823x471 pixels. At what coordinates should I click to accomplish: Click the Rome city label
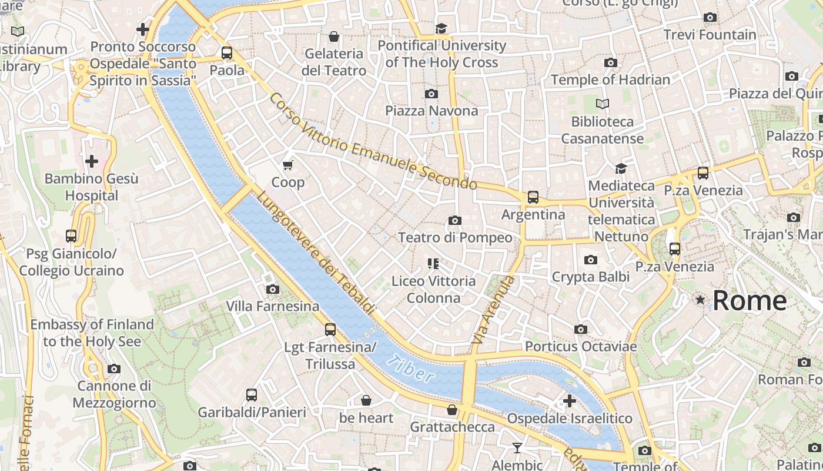coord(750,300)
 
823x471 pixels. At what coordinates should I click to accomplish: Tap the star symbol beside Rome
coord(700,300)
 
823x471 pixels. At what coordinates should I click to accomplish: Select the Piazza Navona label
coord(431,111)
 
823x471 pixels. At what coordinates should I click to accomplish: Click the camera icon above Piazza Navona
coord(431,94)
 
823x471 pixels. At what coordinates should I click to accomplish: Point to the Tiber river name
coord(411,370)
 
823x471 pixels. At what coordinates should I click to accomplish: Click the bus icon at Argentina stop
coord(533,197)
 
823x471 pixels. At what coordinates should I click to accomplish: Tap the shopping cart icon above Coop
coord(288,165)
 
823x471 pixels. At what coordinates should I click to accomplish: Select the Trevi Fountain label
coord(710,35)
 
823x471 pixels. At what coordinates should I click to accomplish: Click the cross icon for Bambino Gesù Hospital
coord(92,161)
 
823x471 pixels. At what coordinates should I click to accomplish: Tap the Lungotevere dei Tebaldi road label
coord(316,253)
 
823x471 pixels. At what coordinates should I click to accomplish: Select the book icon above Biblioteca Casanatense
coord(602,104)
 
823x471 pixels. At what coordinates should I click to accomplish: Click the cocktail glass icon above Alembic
coord(517,449)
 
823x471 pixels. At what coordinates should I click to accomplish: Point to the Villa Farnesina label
coord(273,306)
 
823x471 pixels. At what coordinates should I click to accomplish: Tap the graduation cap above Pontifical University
coord(441,28)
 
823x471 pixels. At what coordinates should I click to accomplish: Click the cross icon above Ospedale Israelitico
coord(569,401)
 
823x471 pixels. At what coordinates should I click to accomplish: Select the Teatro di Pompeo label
coord(455,237)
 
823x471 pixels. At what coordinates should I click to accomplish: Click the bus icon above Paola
coord(227,53)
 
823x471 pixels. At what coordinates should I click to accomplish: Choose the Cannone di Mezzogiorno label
coord(114,394)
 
